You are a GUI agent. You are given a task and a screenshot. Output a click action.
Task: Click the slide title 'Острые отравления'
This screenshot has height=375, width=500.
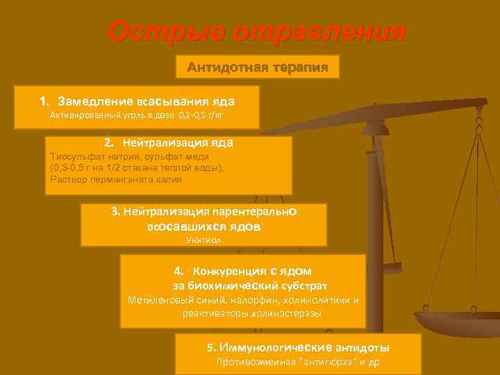[x=256, y=32]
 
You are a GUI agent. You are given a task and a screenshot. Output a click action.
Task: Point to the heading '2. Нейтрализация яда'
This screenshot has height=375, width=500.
[x=169, y=142]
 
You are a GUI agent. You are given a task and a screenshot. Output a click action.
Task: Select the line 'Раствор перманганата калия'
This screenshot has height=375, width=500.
[x=116, y=180]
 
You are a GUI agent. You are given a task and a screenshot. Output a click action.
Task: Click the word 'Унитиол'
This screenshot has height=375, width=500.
[x=203, y=240]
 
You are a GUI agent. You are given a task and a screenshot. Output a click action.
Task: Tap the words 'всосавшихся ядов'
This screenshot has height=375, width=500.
[x=203, y=226]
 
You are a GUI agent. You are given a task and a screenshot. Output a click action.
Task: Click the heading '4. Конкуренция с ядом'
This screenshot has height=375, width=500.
[x=242, y=271]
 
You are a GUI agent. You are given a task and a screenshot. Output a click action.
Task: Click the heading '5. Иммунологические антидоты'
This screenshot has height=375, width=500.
[x=298, y=347]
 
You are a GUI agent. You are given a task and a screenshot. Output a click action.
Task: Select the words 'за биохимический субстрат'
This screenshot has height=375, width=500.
[x=249, y=285]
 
